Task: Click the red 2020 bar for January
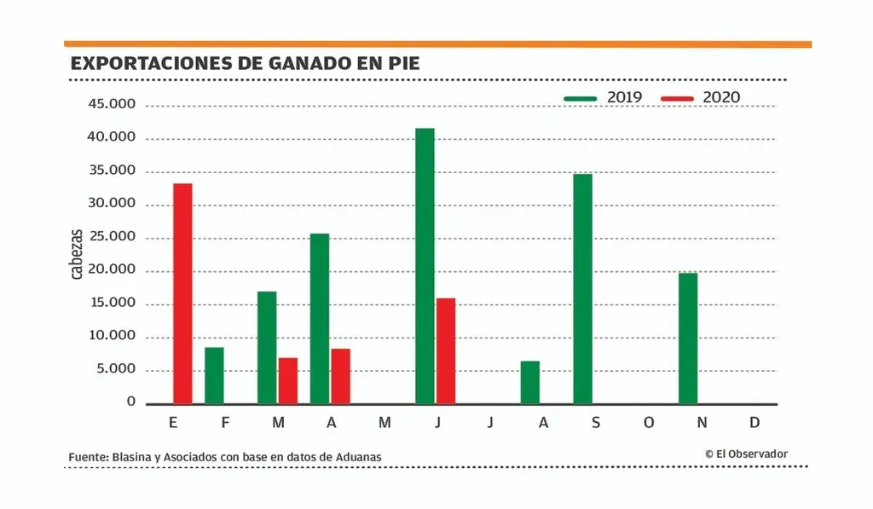(x=182, y=293)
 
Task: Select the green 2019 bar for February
(x=214, y=375)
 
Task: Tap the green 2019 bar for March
(x=267, y=347)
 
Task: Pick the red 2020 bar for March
(x=288, y=380)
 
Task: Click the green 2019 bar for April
(x=320, y=318)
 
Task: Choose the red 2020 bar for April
(x=340, y=376)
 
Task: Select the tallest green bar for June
(x=425, y=266)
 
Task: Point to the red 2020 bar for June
(x=446, y=350)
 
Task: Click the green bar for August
(x=530, y=382)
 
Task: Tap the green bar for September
(x=582, y=288)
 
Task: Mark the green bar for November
(x=688, y=338)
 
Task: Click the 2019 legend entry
(x=604, y=98)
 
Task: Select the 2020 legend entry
(x=700, y=98)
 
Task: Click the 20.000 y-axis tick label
(x=112, y=270)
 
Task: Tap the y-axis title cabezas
(x=77, y=254)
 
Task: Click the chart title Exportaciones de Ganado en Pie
(x=245, y=63)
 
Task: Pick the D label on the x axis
(x=755, y=424)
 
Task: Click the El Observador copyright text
(x=746, y=454)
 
